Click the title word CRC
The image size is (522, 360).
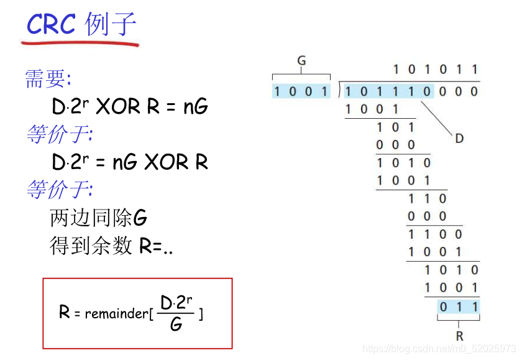click(51, 25)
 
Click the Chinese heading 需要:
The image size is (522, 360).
click(48, 79)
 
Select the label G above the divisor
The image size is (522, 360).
click(301, 60)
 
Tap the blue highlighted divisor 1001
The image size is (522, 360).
click(301, 92)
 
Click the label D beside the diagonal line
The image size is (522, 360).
click(459, 138)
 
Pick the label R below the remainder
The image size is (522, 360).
click(459, 336)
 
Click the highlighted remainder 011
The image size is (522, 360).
click(459, 306)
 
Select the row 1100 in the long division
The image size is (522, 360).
click(435, 234)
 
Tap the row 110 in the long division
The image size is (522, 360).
click(426, 199)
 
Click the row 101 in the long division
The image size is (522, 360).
click(395, 127)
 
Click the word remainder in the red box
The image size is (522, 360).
click(116, 313)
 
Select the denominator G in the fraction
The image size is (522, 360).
click(176, 325)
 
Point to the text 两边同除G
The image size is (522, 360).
click(98, 218)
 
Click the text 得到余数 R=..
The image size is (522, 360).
click(111, 246)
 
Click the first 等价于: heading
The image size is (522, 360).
click(59, 134)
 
